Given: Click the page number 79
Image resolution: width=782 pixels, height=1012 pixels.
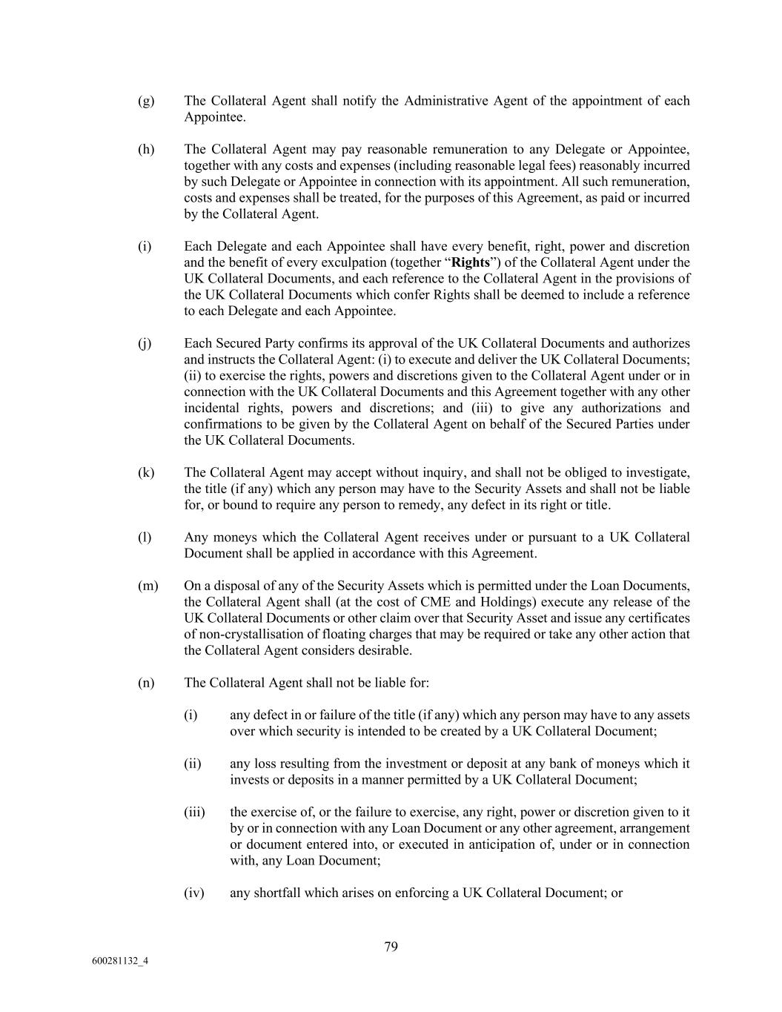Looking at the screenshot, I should click(391, 946).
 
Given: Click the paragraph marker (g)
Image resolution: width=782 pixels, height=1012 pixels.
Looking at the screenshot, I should click(146, 101).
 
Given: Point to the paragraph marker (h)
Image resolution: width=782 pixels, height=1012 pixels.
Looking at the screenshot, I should click(146, 149).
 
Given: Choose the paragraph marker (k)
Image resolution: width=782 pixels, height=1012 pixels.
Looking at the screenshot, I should click(146, 472).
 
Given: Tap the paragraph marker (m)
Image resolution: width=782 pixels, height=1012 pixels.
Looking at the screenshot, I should click(148, 586).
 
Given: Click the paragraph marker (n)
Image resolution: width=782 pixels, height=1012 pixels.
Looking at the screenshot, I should click(146, 683).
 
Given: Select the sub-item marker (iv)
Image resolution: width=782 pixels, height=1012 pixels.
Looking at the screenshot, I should click(193, 893).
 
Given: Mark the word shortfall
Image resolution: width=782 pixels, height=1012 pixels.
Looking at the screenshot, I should click(277, 893).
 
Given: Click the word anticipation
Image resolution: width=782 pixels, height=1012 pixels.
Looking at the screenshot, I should click(504, 844).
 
